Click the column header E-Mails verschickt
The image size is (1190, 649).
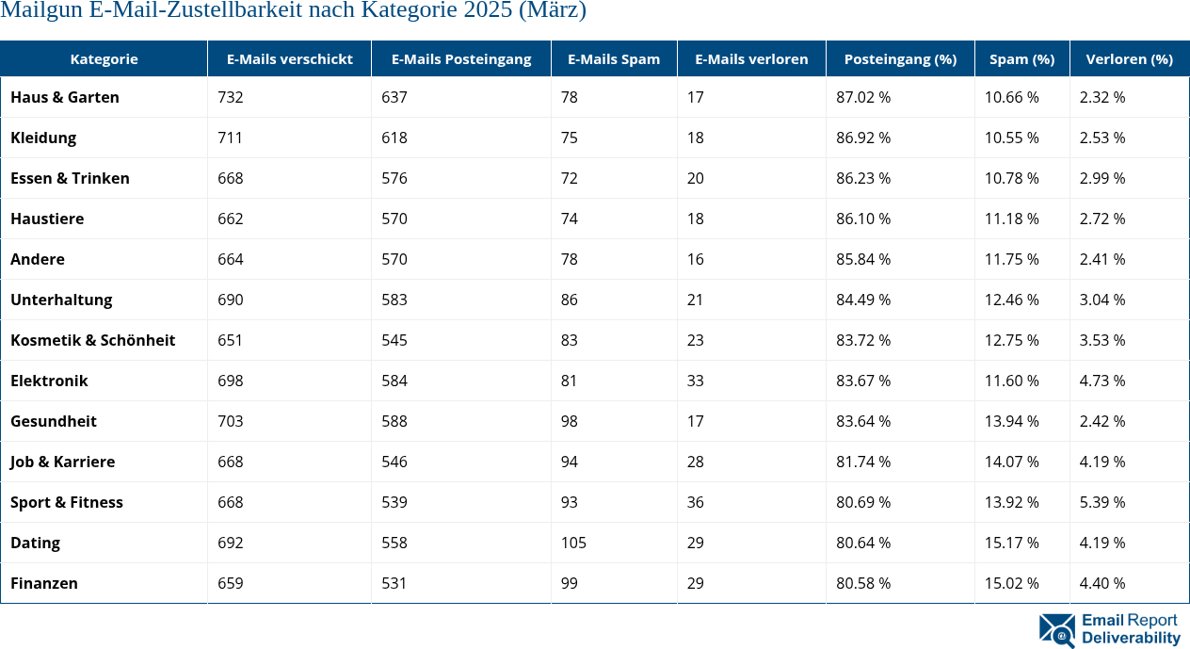coord(289,58)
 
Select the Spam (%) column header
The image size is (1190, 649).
coord(1021,58)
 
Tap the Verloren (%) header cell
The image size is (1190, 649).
coord(1129,58)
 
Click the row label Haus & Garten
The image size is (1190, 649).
coord(65,97)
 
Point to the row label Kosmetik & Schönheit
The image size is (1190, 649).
coord(92,340)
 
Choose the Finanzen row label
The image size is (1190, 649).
coord(44,583)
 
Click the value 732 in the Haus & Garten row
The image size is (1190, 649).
coord(230,97)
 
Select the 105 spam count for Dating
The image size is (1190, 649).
coord(573,543)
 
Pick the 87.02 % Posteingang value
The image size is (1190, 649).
coord(863,97)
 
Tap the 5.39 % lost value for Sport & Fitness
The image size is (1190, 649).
coord(1102,502)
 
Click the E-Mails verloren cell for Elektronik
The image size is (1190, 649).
coord(695,381)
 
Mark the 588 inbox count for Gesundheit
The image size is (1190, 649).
coord(394,421)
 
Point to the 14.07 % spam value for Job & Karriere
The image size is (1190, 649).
coord(1011,462)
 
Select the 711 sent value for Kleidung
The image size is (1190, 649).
coord(230,138)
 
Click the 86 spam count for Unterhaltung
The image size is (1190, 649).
coord(569,300)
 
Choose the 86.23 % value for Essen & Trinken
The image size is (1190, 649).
coord(863,178)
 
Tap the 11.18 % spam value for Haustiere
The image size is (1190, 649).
coord(1011,219)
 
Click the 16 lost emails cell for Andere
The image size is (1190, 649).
coord(695,259)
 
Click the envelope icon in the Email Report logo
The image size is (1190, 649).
coord(1056,630)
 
